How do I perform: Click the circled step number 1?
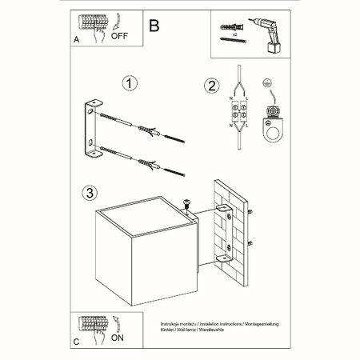tap(127, 83)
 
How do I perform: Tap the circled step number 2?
tap(211, 86)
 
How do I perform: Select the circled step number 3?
tap(93, 193)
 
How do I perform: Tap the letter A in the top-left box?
tap(76, 38)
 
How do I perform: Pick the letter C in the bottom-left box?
tap(76, 340)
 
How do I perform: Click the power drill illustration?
tap(268, 31)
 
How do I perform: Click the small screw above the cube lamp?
tap(187, 205)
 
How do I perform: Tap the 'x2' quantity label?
tap(234, 37)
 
